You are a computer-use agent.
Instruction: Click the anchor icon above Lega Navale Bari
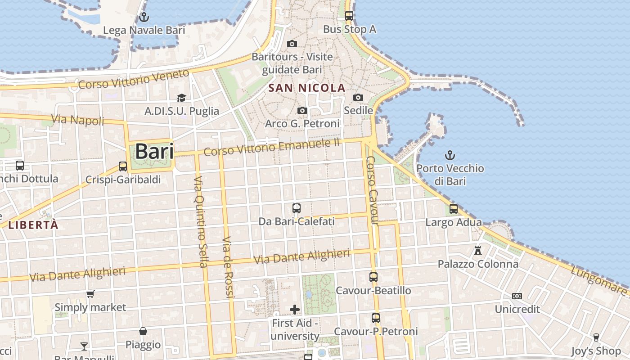(144, 18)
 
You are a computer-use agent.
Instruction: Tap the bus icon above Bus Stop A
(349, 16)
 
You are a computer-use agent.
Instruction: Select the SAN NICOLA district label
(307, 88)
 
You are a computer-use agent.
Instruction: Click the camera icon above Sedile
(358, 97)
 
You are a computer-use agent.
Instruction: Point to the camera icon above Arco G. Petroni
(302, 110)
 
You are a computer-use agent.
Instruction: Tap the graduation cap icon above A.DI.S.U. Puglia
(181, 98)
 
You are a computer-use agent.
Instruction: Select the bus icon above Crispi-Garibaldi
(123, 166)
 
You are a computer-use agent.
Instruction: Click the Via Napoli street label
(77, 120)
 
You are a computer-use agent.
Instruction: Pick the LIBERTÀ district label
(34, 225)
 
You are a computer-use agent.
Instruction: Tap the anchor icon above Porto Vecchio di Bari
(450, 156)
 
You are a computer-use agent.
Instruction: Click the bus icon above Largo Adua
(454, 209)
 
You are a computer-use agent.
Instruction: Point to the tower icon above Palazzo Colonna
(478, 250)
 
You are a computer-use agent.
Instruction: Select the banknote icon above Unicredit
(517, 296)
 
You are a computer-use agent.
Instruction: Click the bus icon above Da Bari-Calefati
(296, 208)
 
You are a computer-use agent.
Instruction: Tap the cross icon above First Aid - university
(295, 310)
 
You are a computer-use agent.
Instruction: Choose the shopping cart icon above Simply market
(90, 294)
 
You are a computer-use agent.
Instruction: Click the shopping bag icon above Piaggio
(143, 331)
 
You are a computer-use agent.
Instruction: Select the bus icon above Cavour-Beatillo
(373, 277)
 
